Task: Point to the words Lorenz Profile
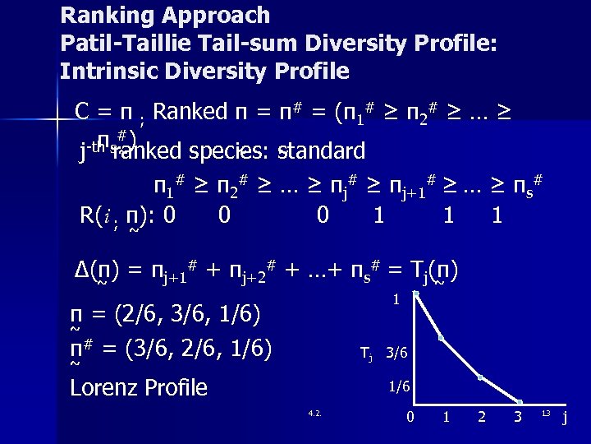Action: pos(139,387)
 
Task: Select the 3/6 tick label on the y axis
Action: pos(396,354)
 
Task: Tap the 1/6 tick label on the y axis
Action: pos(399,386)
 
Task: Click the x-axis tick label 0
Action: pos(410,418)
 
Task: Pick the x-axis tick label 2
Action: pos(481,418)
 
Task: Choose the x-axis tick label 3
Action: pos(517,418)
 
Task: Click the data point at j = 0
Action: pos(416,294)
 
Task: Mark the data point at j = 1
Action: pos(442,338)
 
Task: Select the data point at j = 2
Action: pos(481,378)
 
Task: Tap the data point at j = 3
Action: pos(519,402)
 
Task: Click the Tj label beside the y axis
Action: pos(366,354)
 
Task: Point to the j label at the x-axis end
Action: pos(564,418)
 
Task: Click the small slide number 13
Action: pos(544,412)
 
